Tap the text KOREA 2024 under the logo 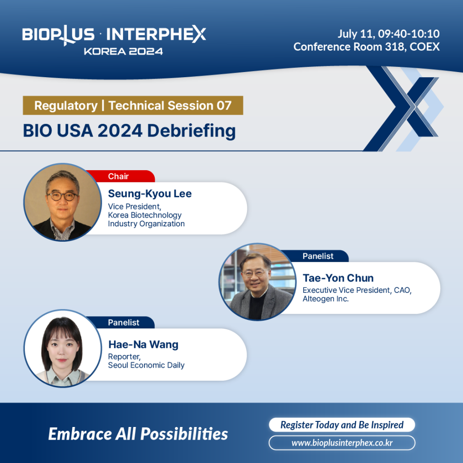click(x=123, y=51)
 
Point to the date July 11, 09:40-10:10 click(x=389, y=34)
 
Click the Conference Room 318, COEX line click(x=367, y=47)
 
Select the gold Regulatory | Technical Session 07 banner click(x=133, y=105)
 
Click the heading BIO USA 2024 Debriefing click(x=130, y=130)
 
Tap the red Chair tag click(x=120, y=176)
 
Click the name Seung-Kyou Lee click(x=150, y=194)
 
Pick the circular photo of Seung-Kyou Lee click(x=63, y=202)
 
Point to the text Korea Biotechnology click(x=145, y=215)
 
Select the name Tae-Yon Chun click(x=338, y=278)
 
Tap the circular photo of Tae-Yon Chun click(x=257, y=282)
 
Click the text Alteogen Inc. click(x=326, y=299)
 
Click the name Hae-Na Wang click(x=144, y=345)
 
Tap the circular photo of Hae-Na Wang click(x=63, y=348)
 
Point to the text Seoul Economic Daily click(x=146, y=365)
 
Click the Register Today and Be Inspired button click(x=342, y=425)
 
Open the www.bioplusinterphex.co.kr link click(x=342, y=443)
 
